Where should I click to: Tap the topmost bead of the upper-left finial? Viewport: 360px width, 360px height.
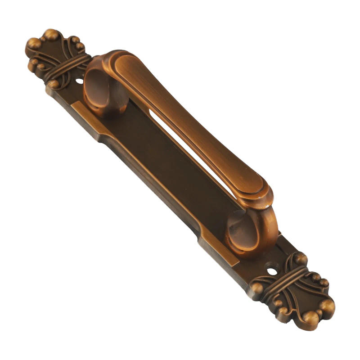click(x=51, y=34)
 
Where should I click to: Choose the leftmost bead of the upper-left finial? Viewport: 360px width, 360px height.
click(x=32, y=44)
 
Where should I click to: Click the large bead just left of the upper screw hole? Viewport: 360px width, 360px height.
click(x=54, y=83)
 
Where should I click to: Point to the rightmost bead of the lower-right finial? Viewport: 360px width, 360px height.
click(x=328, y=306)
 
